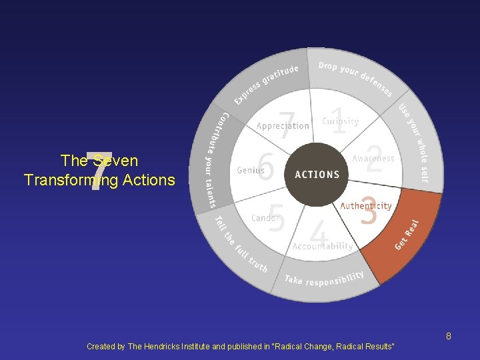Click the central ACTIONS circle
click(x=317, y=175)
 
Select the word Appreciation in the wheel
click(x=283, y=126)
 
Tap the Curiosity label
click(x=340, y=121)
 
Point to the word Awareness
click(x=373, y=159)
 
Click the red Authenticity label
click(x=366, y=206)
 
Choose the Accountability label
click(x=323, y=246)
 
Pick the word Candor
click(x=265, y=218)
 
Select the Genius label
click(x=251, y=171)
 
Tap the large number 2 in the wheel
click(x=374, y=160)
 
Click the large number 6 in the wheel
click(x=265, y=167)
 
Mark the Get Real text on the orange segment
click(x=407, y=235)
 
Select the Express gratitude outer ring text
click(x=266, y=84)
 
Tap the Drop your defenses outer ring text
click(x=355, y=77)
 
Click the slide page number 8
click(x=449, y=336)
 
